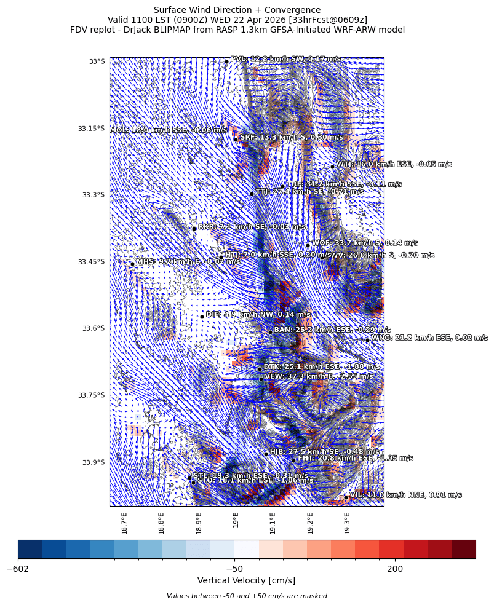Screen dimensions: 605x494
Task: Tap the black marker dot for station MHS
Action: (132, 264)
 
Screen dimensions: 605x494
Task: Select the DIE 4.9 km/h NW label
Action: (258, 314)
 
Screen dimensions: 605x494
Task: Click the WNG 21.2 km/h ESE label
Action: (429, 338)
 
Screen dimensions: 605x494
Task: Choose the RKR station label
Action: (252, 227)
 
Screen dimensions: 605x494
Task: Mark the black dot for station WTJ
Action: (332, 167)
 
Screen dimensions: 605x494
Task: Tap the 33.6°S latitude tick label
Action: (92, 328)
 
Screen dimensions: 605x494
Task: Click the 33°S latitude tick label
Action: (97, 61)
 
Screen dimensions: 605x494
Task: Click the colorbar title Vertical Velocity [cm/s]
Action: (246, 580)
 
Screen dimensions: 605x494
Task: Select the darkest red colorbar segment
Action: (463, 549)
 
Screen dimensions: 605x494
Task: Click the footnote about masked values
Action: (247, 596)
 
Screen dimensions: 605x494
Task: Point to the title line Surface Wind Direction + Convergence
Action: (237, 10)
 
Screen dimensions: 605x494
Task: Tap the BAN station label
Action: (332, 330)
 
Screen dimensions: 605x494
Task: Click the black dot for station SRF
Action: (236, 140)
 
